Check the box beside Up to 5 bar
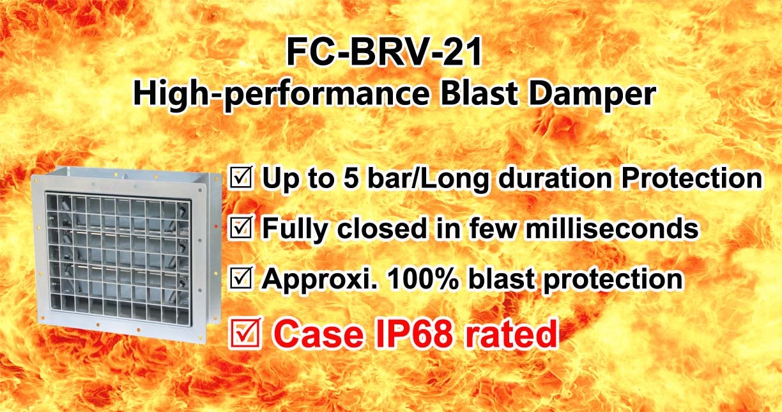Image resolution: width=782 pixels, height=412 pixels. tap(241, 177)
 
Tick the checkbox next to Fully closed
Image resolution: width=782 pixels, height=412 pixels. tap(241, 228)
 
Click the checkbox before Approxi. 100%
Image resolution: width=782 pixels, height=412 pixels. tap(241, 278)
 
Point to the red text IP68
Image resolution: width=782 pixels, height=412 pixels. tap(414, 333)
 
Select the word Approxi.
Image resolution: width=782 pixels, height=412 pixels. tap(320, 280)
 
